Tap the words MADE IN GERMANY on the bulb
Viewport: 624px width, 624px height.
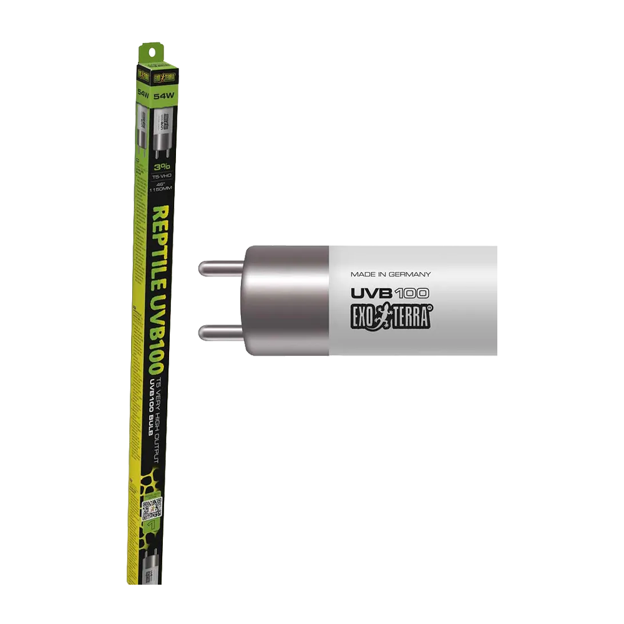click(391, 274)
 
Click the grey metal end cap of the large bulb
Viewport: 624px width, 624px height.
click(284, 300)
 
